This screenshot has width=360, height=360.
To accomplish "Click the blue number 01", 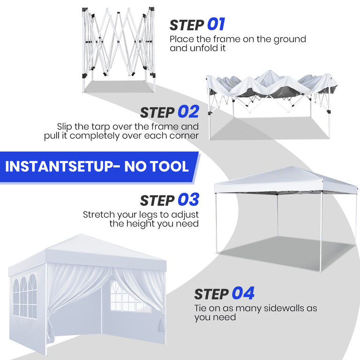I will coord(216,24).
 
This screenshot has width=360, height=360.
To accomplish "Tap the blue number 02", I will coord(188,112).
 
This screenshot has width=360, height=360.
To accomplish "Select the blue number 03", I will coord(188,200).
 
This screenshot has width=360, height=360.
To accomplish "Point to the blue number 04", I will coord(243,294).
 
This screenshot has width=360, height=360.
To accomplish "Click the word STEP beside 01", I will coord(187,25).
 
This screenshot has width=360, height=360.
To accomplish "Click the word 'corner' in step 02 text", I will coord(180,136).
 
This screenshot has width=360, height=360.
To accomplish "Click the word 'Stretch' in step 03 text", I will coord(98,214).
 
